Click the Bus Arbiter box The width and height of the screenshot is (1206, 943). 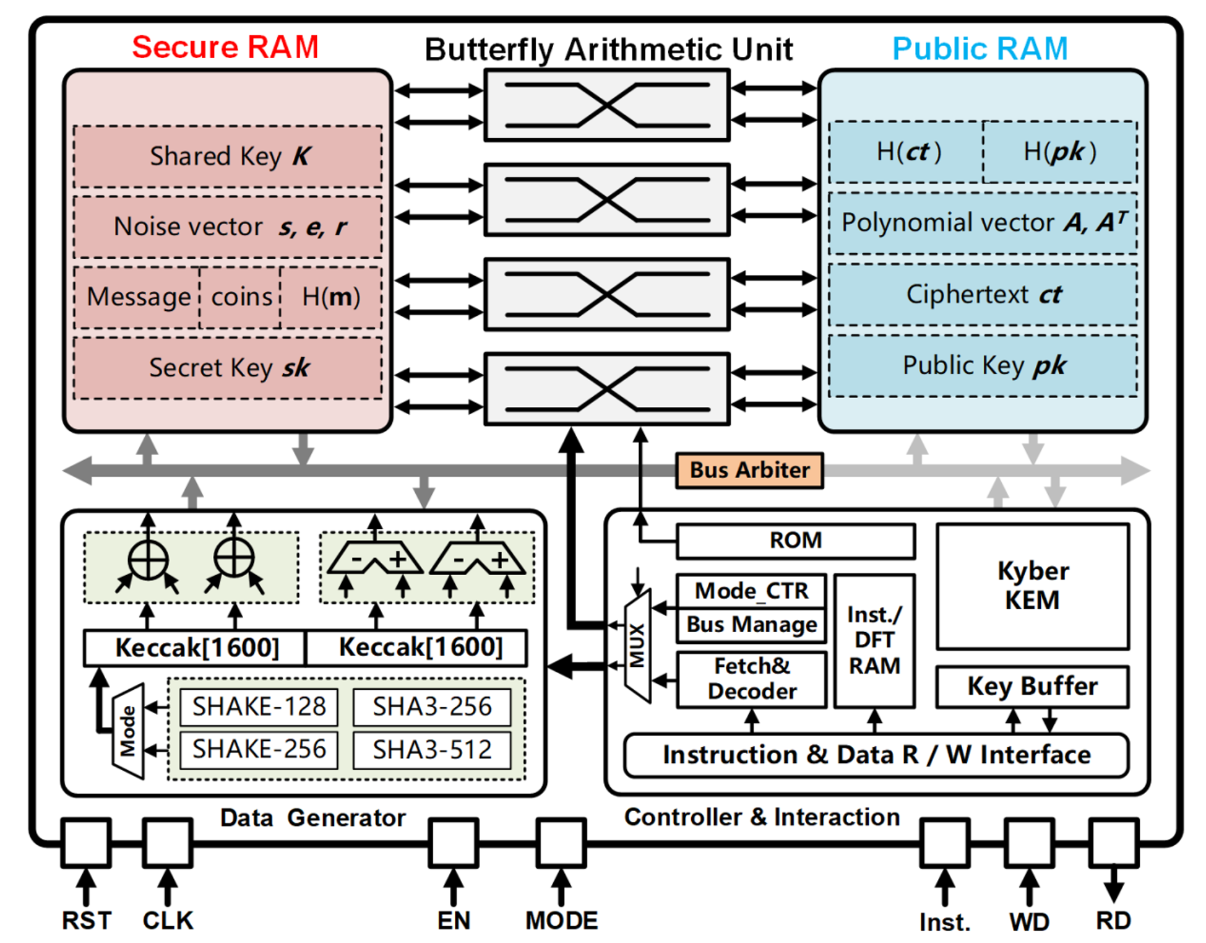click(x=749, y=470)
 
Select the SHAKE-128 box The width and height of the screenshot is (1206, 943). click(x=259, y=706)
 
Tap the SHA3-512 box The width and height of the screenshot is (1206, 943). click(x=432, y=750)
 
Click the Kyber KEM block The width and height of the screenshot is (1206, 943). click(x=1032, y=586)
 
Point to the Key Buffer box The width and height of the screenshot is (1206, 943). click(x=1032, y=686)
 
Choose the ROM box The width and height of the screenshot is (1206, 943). click(x=795, y=541)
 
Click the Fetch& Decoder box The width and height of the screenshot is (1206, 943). click(x=752, y=679)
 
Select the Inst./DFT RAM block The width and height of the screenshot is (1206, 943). click(x=874, y=640)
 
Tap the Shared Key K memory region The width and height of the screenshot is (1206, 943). click(x=228, y=156)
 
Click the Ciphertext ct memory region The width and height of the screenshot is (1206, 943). click(x=983, y=294)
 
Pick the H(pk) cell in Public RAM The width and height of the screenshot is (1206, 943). click(x=1059, y=152)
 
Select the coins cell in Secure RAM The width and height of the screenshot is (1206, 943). click(x=241, y=297)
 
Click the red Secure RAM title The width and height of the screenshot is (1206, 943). click(x=225, y=47)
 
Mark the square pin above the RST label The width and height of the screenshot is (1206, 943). click(x=86, y=843)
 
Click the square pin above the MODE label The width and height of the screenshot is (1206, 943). click(x=561, y=843)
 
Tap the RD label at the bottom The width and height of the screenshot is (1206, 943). click(x=1113, y=921)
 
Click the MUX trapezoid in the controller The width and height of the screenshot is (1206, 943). click(x=637, y=645)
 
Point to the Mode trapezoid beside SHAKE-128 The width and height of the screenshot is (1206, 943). click(x=128, y=731)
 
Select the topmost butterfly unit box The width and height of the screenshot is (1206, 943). click(x=606, y=105)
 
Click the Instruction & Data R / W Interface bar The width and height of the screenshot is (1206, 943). click(x=876, y=755)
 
